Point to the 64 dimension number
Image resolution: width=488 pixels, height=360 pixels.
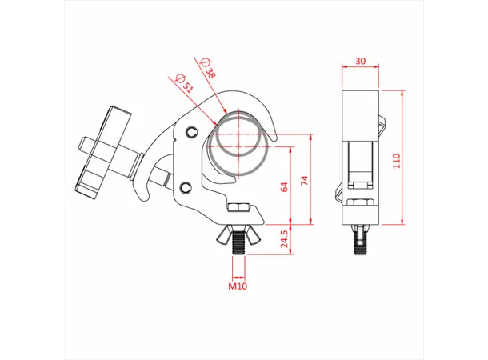284,187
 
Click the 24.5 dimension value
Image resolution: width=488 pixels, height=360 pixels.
284,239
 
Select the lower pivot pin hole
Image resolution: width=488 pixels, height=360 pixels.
186,188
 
